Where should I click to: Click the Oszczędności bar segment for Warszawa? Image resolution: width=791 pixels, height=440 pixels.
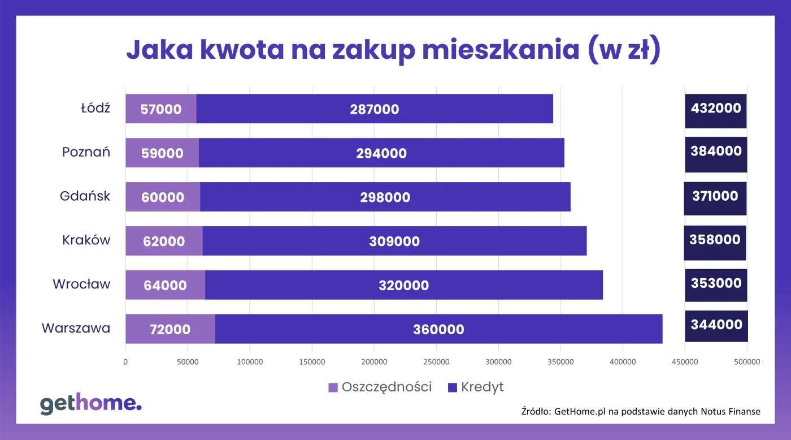tap(169, 329)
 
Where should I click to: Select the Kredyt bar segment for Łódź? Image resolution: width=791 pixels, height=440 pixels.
tap(374, 109)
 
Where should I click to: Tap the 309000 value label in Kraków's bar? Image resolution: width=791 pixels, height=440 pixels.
tap(394, 241)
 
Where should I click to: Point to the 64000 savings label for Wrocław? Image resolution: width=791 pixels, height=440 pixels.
tap(165, 285)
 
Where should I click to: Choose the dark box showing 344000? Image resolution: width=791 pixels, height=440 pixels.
tap(716, 325)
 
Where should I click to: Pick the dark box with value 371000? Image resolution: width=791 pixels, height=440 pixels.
tap(715, 196)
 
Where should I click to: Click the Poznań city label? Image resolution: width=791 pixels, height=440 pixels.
tap(86, 152)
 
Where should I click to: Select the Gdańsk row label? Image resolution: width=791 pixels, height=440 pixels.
tap(85, 196)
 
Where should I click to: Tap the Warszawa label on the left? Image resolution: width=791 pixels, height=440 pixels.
tap(76, 328)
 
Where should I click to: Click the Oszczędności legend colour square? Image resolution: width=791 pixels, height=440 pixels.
tap(333, 387)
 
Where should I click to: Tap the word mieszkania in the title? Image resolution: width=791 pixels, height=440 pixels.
tap(499, 50)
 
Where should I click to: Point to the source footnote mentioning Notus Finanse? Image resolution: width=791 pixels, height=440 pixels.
tap(640, 411)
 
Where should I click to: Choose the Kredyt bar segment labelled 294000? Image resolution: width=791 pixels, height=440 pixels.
tap(381, 153)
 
